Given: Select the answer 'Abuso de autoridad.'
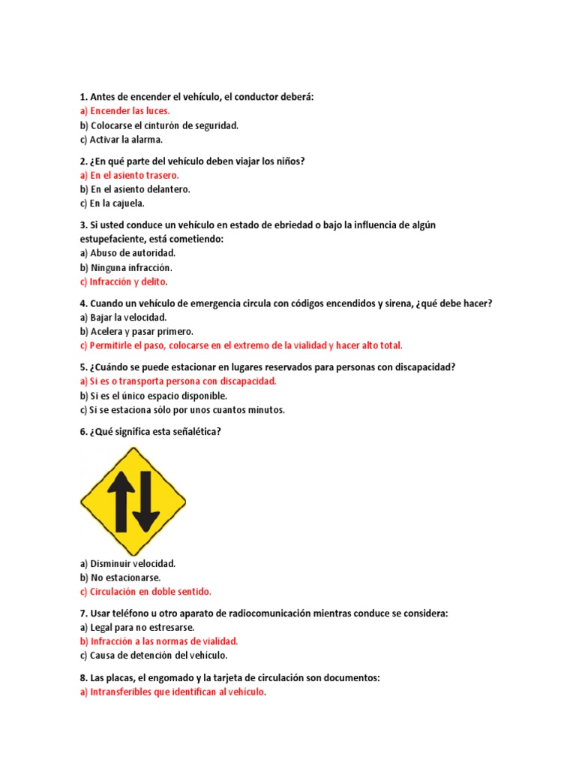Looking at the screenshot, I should pos(127,253).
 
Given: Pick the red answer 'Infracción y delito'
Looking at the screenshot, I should pos(123,282).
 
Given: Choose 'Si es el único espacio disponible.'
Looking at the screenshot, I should pos(153,395).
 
